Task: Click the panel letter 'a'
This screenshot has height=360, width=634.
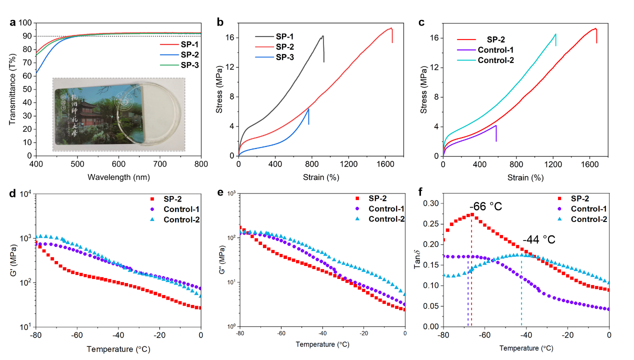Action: coord(13,22)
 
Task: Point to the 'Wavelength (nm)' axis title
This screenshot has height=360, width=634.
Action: coord(118,177)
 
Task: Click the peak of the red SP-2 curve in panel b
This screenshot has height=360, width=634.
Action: coord(391,28)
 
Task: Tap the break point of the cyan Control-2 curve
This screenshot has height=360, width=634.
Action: coord(555,34)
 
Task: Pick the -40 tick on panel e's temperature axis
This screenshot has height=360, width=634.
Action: coord(322,333)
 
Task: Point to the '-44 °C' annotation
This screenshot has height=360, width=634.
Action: coord(539,240)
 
